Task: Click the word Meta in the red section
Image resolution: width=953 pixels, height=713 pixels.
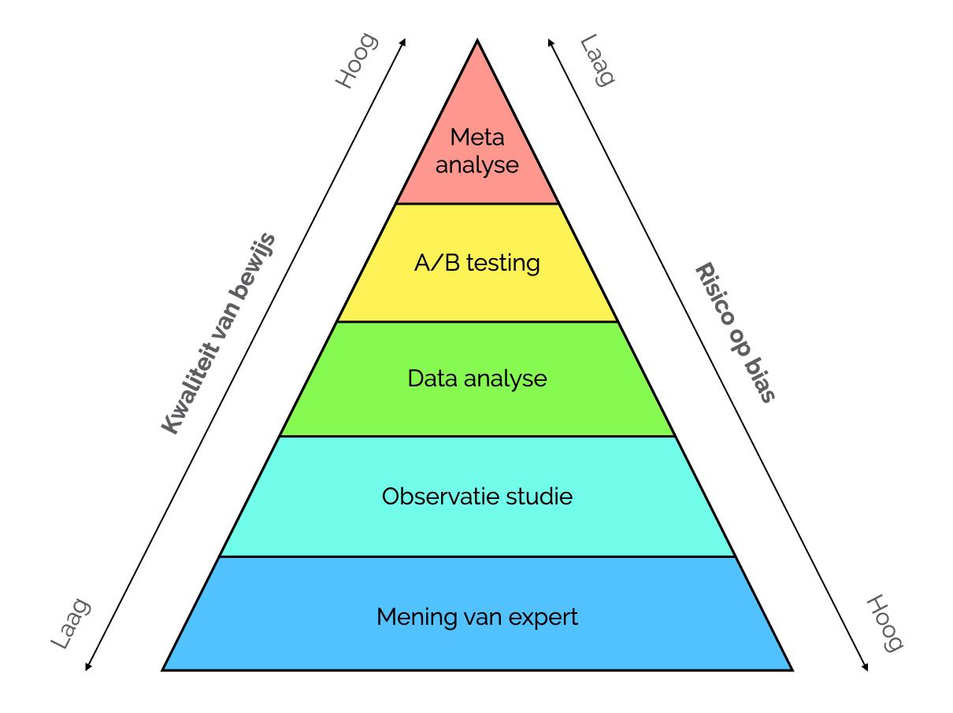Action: coord(477,138)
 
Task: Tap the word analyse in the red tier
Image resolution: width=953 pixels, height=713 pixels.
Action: coord(477,165)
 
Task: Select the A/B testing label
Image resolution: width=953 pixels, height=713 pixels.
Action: coord(477,263)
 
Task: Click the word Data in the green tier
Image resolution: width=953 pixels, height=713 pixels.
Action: coord(432,379)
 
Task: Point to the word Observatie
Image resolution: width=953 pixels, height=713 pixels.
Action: coord(439,496)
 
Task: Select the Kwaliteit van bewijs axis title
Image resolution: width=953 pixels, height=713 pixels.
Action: coord(218,334)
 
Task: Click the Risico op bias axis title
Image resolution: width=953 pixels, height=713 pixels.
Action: coord(735,332)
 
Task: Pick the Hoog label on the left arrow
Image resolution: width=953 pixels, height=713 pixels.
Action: coord(357,61)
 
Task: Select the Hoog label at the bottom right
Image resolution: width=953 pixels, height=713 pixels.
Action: coord(884,623)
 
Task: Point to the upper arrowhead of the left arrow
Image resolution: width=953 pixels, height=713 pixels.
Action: coord(404,41)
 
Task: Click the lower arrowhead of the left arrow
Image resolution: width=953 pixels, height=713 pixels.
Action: coord(87,667)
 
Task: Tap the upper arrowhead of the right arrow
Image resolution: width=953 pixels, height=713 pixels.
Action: coord(550,41)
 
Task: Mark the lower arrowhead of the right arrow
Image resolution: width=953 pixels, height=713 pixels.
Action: coord(866,667)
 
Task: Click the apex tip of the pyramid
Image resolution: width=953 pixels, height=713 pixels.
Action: coord(477,40)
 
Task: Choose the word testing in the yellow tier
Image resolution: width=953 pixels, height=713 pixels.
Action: coord(503,263)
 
